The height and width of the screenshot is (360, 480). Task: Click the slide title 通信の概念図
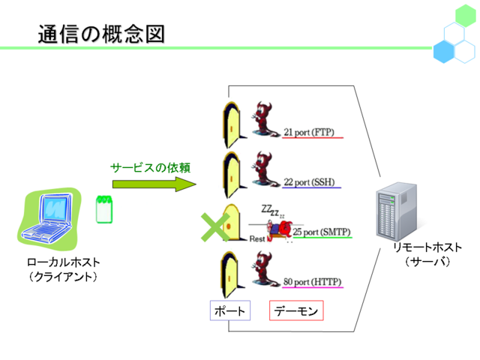pyautogui.click(x=101, y=34)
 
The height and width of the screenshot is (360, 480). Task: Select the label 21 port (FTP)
pyautogui.click(x=308, y=132)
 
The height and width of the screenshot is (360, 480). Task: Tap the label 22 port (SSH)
pyautogui.click(x=309, y=182)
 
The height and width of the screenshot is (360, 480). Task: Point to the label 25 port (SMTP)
pyautogui.click(x=322, y=232)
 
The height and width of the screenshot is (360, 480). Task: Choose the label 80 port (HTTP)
pyautogui.click(x=312, y=282)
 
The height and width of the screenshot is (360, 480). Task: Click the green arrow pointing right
pyautogui.click(x=154, y=184)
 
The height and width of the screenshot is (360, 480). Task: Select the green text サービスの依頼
pyautogui.click(x=150, y=168)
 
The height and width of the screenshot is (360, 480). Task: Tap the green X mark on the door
pyautogui.click(x=215, y=226)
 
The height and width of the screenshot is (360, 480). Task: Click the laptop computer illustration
pyautogui.click(x=48, y=218)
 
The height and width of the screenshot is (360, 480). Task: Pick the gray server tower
pyautogui.click(x=397, y=211)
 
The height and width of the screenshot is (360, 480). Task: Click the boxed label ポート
pyautogui.click(x=230, y=310)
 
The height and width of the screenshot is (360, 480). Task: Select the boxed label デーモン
pyautogui.click(x=296, y=310)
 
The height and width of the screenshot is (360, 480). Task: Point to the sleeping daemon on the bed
pyautogui.click(x=280, y=230)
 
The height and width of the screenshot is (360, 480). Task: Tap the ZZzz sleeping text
pyautogui.click(x=272, y=211)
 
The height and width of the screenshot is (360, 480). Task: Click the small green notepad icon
pyautogui.click(x=104, y=209)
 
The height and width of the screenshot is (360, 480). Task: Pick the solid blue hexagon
pyautogui.click(x=443, y=52)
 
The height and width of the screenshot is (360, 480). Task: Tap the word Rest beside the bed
pyautogui.click(x=256, y=238)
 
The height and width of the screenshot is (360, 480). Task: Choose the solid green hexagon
pyautogui.click(x=465, y=16)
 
